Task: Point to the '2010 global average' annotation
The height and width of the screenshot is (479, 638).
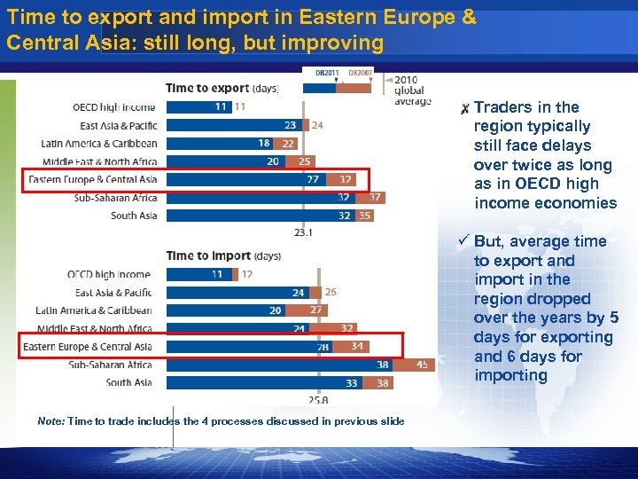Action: [412, 90]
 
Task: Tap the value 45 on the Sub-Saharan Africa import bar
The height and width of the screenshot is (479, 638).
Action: [423, 365]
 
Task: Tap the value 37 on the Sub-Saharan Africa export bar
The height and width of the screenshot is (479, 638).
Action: [376, 198]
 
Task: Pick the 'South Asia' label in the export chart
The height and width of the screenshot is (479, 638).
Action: [134, 216]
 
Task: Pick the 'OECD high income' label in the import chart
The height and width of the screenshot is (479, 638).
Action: [109, 275]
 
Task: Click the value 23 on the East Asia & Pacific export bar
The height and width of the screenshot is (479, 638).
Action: [291, 125]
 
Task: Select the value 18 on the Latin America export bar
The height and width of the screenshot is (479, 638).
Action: [264, 143]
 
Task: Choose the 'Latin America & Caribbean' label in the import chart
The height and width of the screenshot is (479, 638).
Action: [94, 310]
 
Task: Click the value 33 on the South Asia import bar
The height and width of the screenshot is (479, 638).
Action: [352, 383]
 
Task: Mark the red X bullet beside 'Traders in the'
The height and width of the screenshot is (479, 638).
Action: [464, 109]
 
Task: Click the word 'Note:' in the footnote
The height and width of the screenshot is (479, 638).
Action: [51, 421]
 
